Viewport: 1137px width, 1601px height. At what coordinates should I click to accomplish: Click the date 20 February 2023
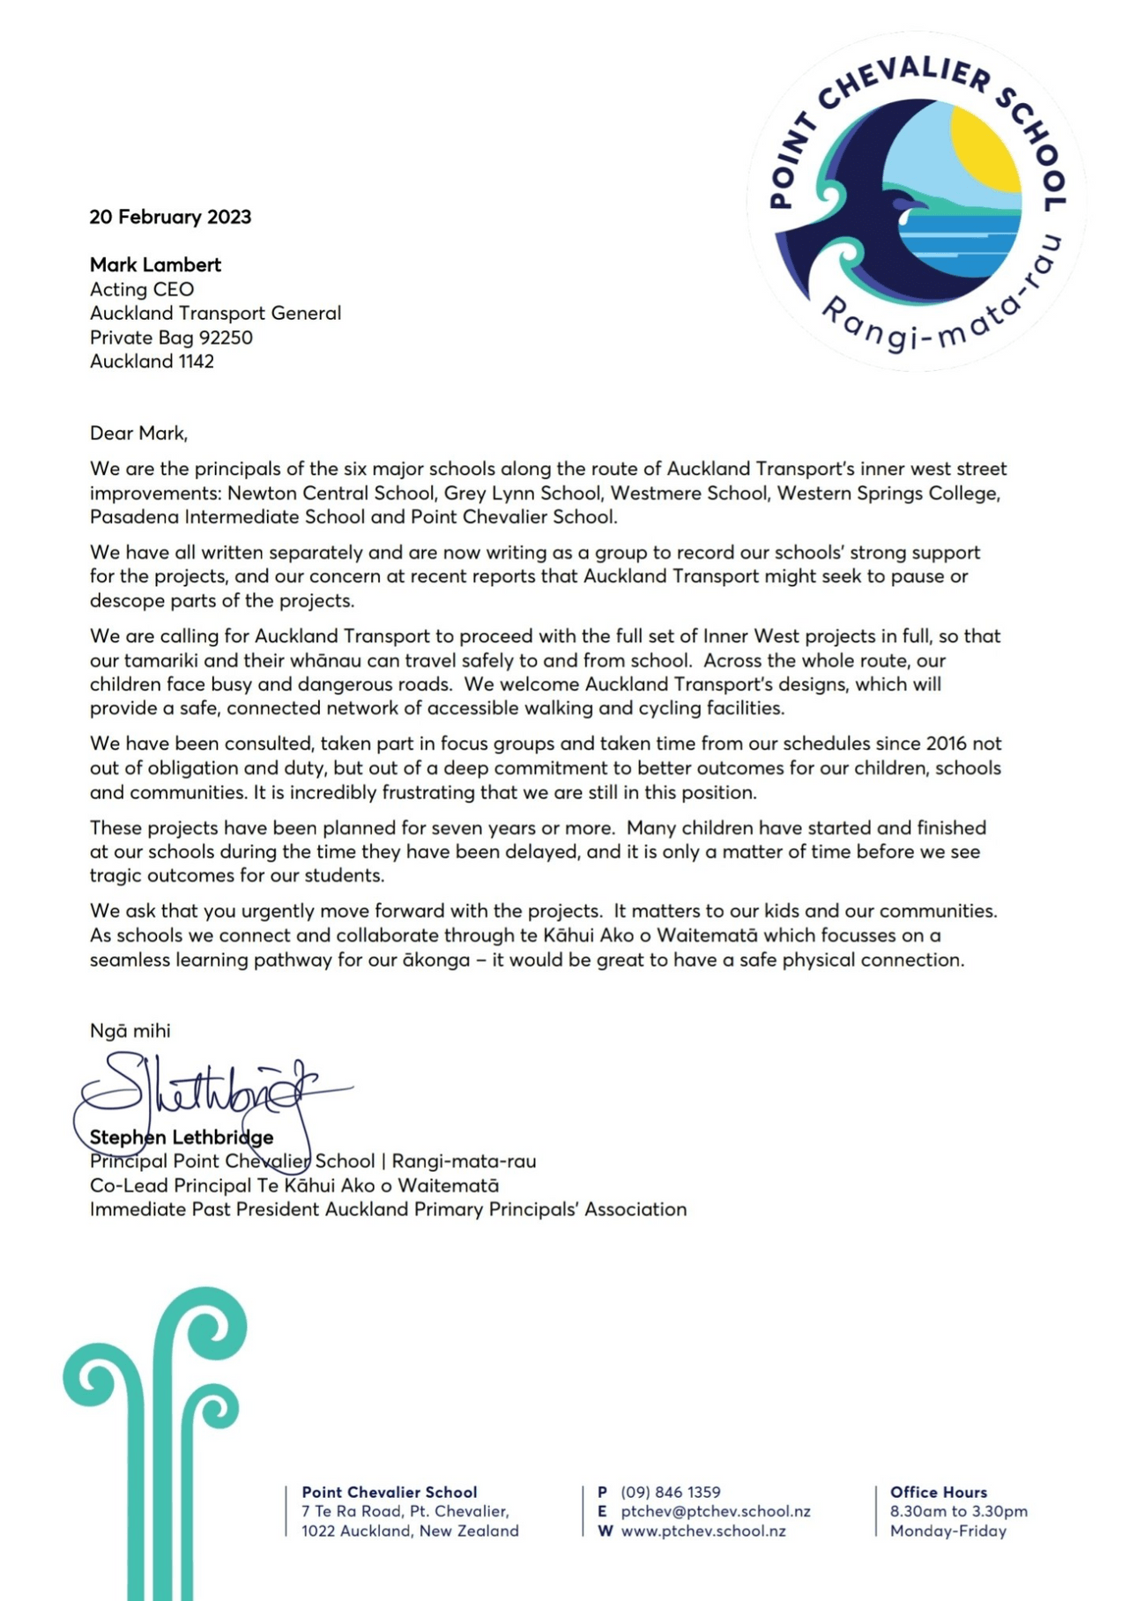pyautogui.click(x=170, y=217)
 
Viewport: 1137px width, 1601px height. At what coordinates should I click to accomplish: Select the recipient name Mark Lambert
pyautogui.click(x=155, y=264)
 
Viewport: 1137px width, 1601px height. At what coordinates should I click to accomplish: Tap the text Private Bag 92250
pyautogui.click(x=171, y=337)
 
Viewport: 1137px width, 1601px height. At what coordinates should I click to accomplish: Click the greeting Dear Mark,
pyautogui.click(x=138, y=433)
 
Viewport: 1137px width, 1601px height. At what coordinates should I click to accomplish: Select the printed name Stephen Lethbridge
pyautogui.click(x=182, y=1138)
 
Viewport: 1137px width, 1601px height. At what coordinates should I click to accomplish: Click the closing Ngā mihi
pyautogui.click(x=130, y=1030)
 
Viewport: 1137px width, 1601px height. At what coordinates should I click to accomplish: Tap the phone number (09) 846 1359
pyautogui.click(x=670, y=1492)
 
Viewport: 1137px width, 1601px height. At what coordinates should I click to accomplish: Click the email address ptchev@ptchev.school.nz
pyautogui.click(x=715, y=1511)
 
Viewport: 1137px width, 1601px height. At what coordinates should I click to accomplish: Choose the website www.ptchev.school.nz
pyautogui.click(x=702, y=1531)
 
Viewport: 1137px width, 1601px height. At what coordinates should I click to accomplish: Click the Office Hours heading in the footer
pyautogui.click(x=938, y=1492)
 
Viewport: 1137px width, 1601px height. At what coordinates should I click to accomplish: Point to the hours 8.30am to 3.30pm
pyautogui.click(x=958, y=1511)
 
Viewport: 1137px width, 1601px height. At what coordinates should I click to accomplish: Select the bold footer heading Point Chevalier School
pyautogui.click(x=389, y=1492)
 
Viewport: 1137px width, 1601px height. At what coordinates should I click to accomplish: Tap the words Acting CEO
pyautogui.click(x=142, y=289)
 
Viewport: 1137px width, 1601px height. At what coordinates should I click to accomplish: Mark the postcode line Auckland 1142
pyautogui.click(x=152, y=361)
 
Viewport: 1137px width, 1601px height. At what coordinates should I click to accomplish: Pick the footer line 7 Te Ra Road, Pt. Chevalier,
pyautogui.click(x=405, y=1511)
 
